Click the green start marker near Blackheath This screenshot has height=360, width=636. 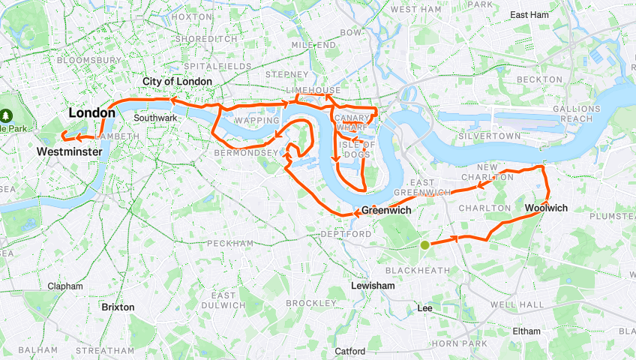pyautogui.click(x=425, y=244)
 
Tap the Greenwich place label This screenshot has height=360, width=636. pyautogui.click(x=387, y=211)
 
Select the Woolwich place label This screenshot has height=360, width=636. pyautogui.click(x=546, y=208)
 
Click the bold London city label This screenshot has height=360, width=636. pyautogui.click(x=92, y=113)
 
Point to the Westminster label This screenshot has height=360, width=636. pyautogui.click(x=69, y=151)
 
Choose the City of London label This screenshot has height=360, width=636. pyautogui.click(x=178, y=81)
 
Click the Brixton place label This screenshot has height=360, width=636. pyautogui.click(x=118, y=307)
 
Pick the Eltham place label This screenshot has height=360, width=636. pyautogui.click(x=527, y=331)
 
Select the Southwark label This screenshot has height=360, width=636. pyautogui.click(x=155, y=118)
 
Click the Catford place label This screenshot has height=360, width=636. pyautogui.click(x=350, y=350)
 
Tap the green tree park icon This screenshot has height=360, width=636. pyautogui.click(x=6, y=115)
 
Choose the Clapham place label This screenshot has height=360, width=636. pyautogui.click(x=65, y=286)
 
